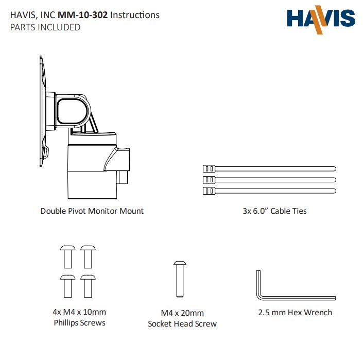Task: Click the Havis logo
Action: pos(321,20)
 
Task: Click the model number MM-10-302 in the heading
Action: pos(83,15)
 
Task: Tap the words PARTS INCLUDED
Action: pos(45,27)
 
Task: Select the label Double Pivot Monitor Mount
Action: pos(92,211)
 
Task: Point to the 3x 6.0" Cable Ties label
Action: pos(274,211)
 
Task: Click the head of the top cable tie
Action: pos(209,168)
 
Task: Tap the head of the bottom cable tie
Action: pos(209,191)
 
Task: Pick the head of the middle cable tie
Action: pos(209,180)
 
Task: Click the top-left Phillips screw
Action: pos(68,257)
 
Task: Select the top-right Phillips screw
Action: pos(88,257)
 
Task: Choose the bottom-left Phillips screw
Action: pos(68,286)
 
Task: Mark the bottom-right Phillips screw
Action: pos(88,286)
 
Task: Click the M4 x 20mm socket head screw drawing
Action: pos(180,279)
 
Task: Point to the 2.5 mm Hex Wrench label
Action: pos(295,313)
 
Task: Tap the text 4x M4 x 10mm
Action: pos(79,312)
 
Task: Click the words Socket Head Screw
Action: pos(182,324)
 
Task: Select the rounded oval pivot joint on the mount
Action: pos(73,111)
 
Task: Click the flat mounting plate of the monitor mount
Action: pos(42,111)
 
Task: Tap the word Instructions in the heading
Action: pos(135,15)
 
